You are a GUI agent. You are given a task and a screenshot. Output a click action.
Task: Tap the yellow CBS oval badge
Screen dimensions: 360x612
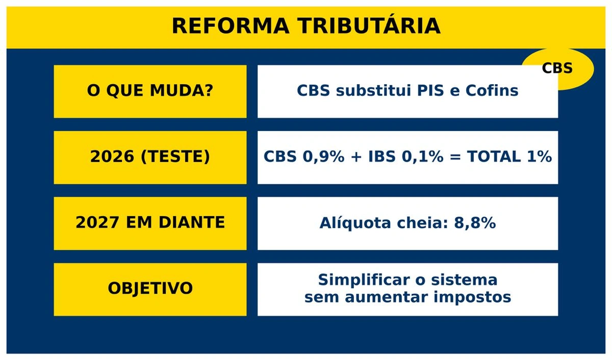558,68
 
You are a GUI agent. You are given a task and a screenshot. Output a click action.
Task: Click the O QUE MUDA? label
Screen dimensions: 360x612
150,91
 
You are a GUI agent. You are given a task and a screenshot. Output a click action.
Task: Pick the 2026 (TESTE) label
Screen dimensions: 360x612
150,157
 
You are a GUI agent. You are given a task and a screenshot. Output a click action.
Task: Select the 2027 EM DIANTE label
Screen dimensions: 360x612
150,223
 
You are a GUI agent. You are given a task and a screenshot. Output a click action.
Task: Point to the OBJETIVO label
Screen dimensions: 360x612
150,288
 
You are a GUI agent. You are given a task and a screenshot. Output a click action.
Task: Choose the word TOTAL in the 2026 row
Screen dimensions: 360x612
494,157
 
